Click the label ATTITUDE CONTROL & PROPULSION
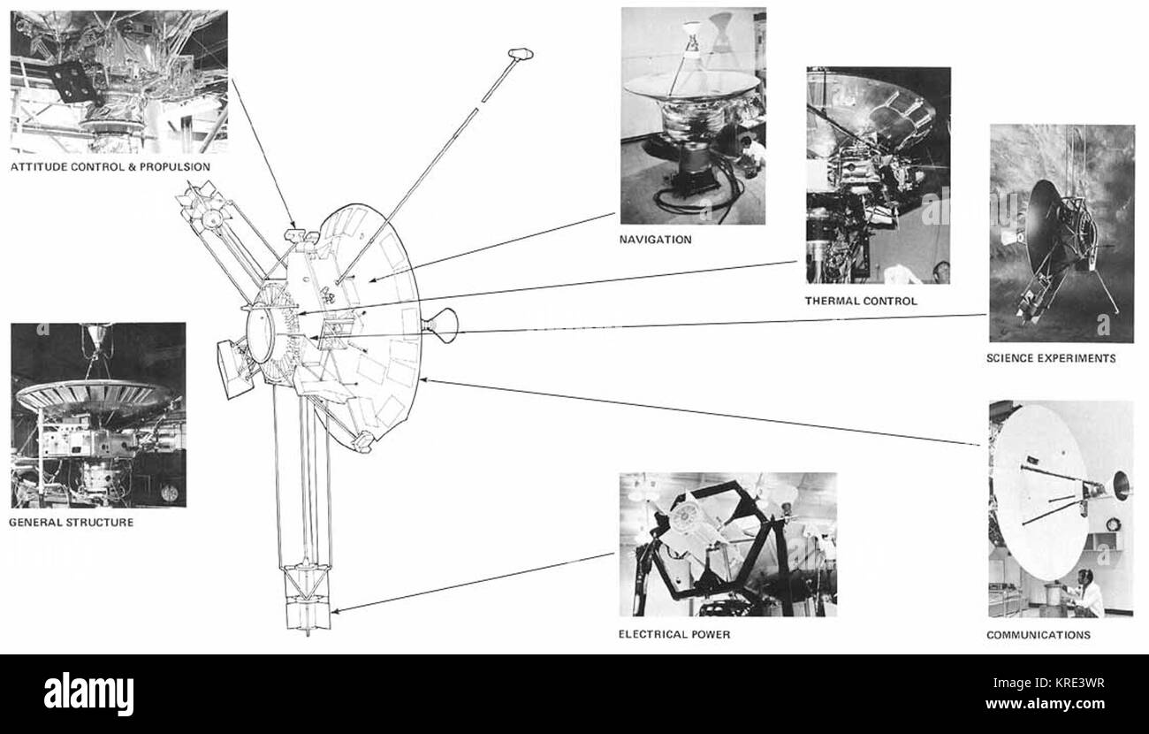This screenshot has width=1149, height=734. click(110, 167)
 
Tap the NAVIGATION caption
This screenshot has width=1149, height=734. click(656, 239)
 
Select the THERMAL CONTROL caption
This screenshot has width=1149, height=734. click(861, 301)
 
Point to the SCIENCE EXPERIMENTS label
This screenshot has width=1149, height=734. click(1051, 358)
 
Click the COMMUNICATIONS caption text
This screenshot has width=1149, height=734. click(1039, 635)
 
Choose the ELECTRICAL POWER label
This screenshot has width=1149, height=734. click(674, 634)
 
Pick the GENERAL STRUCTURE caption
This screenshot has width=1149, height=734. click(72, 523)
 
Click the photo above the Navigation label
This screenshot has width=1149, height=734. click(693, 116)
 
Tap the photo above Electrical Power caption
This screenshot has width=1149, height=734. click(728, 545)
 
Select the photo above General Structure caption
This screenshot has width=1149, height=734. click(98, 416)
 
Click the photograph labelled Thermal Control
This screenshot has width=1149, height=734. click(879, 176)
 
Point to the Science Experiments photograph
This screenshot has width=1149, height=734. click(1061, 233)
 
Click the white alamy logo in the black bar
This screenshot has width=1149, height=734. click(88, 694)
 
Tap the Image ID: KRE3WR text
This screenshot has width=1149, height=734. click(1048, 684)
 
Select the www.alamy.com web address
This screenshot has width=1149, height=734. click(1045, 703)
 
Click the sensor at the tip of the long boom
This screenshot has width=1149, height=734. click(521, 54)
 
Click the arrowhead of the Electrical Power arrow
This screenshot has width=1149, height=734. click(335, 611)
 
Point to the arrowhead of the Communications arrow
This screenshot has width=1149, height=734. click(423, 380)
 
